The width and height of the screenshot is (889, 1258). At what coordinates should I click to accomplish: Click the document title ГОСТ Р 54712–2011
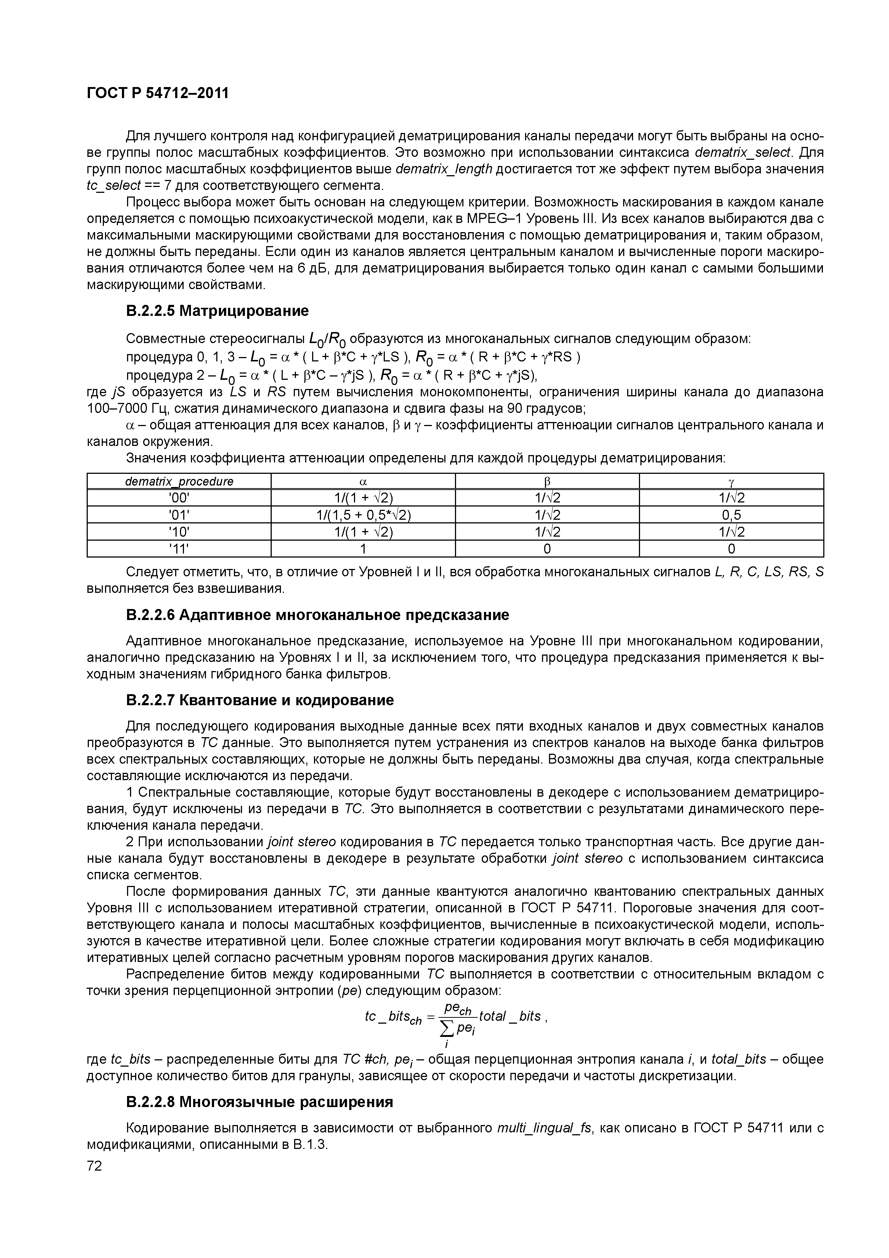click(x=158, y=93)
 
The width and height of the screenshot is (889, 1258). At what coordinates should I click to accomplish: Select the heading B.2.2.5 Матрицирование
click(x=217, y=311)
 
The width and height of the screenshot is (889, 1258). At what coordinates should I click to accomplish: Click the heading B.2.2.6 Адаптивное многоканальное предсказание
click(x=317, y=615)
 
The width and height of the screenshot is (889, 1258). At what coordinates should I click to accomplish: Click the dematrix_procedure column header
click(x=179, y=482)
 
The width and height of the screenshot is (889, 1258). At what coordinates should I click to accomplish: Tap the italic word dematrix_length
click(x=444, y=169)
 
